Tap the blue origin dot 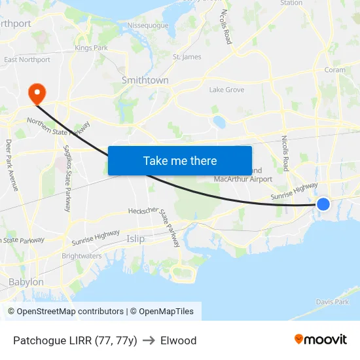(x=323, y=204)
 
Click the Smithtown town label (x=145, y=80)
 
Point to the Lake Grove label (x=226, y=90)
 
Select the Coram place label (x=335, y=69)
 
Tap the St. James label (x=187, y=57)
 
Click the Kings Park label (x=91, y=48)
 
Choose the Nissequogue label (x=148, y=26)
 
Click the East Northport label (x=27, y=60)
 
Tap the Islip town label (x=136, y=239)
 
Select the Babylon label (x=26, y=282)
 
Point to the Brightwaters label (x=82, y=256)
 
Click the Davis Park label (x=333, y=302)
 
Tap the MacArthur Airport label (x=243, y=179)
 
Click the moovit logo (x=321, y=340)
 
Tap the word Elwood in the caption (x=178, y=340)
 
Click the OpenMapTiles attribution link (x=162, y=312)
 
